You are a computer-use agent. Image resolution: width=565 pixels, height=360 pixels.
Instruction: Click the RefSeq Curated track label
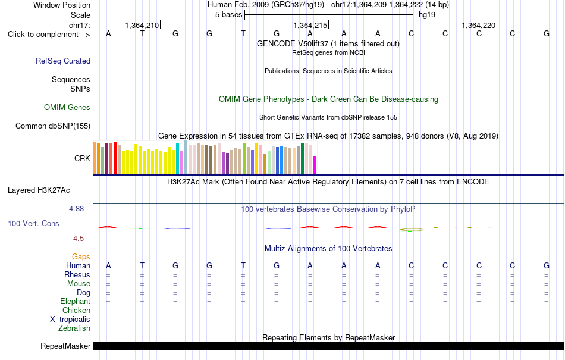point(63,61)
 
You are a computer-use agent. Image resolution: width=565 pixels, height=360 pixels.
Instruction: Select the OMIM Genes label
point(67,107)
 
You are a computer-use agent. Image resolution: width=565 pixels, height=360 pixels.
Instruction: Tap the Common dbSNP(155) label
point(53,126)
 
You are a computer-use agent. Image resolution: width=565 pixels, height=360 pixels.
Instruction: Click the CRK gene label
point(82,158)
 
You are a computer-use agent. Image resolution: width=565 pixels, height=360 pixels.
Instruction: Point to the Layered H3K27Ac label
point(39,190)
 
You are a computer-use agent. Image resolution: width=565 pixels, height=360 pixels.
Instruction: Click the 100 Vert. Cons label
point(33,223)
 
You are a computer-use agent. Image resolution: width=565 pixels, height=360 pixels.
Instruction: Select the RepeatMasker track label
point(65,346)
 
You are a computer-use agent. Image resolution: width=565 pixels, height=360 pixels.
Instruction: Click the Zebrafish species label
point(74,328)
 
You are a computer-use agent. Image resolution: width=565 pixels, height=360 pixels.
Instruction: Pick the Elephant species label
point(76,301)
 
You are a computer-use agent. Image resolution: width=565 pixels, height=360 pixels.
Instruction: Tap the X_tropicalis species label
point(70,320)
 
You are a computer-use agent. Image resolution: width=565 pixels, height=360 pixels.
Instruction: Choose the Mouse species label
point(79,284)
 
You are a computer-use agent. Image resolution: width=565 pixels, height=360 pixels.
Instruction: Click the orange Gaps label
point(81,256)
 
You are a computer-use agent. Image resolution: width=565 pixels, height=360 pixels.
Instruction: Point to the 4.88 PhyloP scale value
point(76,209)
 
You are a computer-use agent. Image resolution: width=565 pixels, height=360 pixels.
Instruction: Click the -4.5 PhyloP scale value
point(77,239)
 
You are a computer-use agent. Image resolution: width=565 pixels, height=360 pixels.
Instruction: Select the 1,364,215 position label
point(310,25)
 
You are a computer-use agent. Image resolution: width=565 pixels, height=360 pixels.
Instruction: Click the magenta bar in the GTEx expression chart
point(315,165)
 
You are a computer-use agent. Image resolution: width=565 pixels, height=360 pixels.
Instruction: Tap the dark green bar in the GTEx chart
point(302,158)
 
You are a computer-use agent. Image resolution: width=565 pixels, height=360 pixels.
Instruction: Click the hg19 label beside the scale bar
point(427,15)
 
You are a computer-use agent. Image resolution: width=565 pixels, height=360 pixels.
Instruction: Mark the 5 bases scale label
point(229,15)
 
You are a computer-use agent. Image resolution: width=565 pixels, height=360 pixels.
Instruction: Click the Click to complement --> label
point(49,35)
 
